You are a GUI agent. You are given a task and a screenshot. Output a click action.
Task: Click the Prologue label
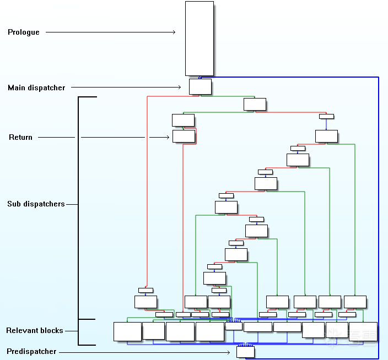24,32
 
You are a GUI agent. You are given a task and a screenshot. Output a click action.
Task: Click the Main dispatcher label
36,88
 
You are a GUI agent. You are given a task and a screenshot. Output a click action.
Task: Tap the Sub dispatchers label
36,204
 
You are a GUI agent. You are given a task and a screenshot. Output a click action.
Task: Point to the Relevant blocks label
35,331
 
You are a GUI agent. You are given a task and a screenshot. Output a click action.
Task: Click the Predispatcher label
31,352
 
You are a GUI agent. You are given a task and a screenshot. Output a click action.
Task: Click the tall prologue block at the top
200,39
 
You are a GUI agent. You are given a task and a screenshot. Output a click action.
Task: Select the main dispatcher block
200,86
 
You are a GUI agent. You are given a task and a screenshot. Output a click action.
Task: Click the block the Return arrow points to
184,137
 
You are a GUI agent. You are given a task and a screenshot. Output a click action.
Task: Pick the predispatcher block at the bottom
246,352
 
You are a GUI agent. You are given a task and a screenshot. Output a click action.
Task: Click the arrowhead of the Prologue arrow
174,32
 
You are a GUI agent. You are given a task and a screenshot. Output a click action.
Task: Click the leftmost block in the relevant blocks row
127,331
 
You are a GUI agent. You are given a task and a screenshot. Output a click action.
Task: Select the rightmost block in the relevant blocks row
363,331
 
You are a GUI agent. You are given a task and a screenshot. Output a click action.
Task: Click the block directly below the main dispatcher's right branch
255,104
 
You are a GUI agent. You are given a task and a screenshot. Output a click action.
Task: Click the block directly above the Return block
183,120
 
